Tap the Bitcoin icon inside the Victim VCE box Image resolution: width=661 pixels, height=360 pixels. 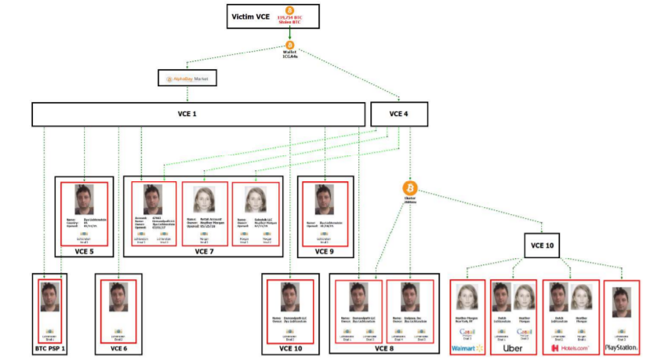[x=289, y=10]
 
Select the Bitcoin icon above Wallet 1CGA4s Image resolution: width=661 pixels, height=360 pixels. [x=289, y=45]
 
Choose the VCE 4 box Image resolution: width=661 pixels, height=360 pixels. [x=399, y=114]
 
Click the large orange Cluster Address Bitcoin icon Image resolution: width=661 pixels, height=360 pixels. [x=410, y=188]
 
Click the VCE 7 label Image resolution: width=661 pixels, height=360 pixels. [x=205, y=251]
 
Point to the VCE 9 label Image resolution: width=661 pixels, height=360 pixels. [x=325, y=251]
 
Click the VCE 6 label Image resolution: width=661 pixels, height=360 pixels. [x=118, y=347]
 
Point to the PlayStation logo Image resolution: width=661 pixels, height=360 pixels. [x=621, y=347]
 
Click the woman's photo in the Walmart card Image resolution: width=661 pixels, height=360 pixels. [x=467, y=297]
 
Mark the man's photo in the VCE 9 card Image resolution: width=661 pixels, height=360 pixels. [x=325, y=199]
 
